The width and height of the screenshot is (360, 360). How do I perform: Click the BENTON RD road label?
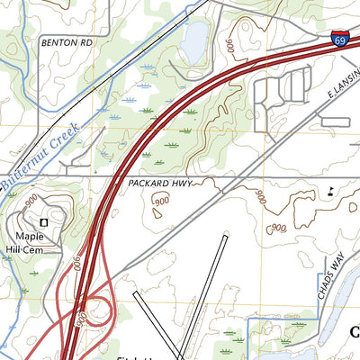[x=66, y=42]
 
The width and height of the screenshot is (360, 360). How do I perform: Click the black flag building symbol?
[x=330, y=190]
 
